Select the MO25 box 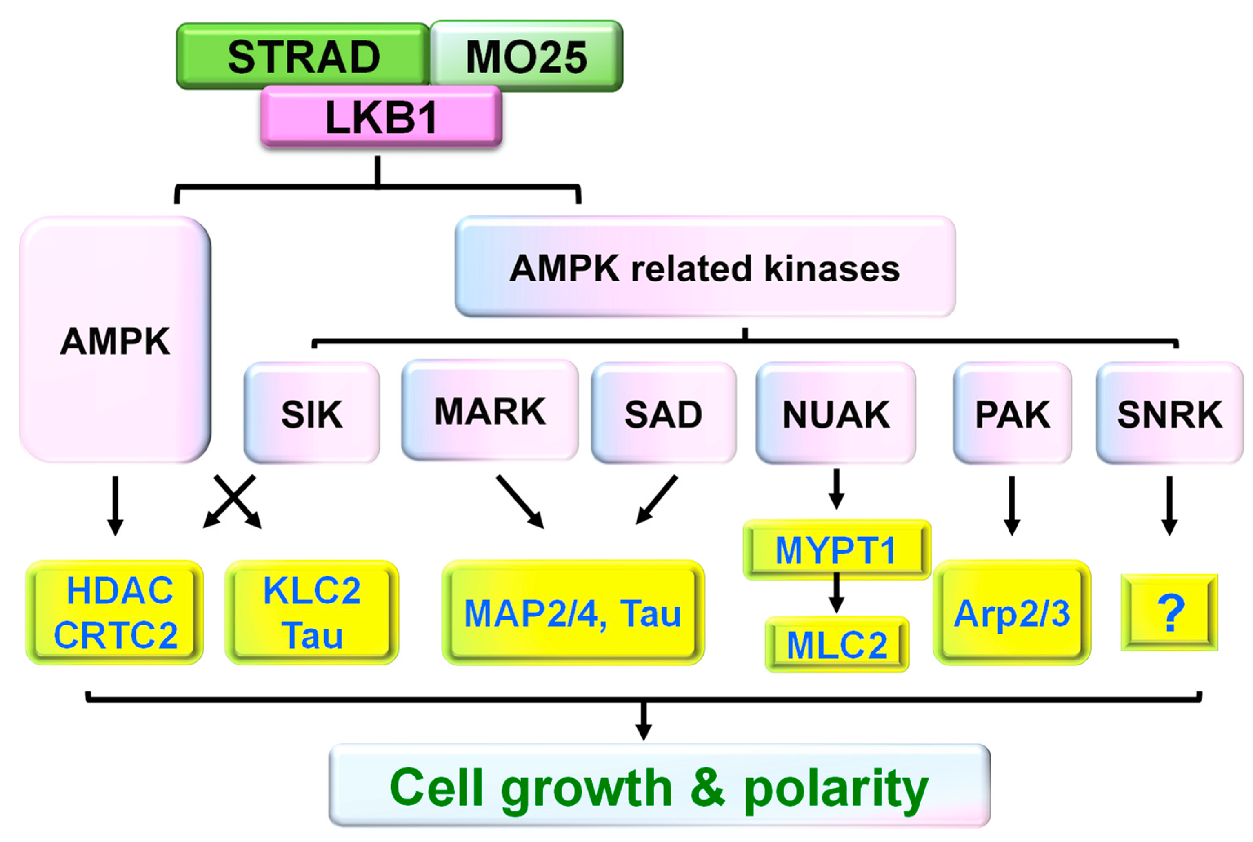coord(526,56)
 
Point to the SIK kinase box coord(312,413)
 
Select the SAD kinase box coord(663,413)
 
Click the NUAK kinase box coord(835,413)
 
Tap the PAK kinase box coord(1012,413)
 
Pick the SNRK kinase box coord(1169,413)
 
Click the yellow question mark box coord(1169,612)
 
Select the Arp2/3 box coord(1012,613)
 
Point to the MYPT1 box coord(836,550)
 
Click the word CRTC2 coord(116,635)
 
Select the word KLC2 coord(312,591)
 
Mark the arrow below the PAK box coord(1012,505)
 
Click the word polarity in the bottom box coord(835,788)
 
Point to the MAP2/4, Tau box coord(573,613)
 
